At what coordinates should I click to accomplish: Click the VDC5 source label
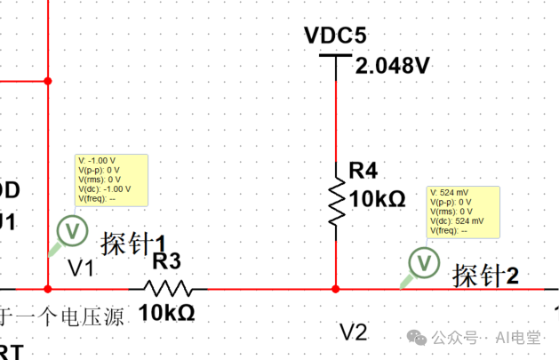[335, 36]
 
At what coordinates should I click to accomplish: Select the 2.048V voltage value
[392, 66]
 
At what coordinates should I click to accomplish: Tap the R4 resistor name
[364, 170]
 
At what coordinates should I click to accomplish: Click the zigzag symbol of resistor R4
[336, 201]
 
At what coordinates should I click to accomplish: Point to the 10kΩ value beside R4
[377, 198]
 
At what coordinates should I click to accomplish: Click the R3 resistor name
[167, 261]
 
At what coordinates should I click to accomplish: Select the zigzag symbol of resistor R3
[169, 288]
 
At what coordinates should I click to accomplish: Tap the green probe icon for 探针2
[423, 262]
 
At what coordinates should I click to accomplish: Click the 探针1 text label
[134, 243]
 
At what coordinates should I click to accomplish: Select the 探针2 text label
[485, 276]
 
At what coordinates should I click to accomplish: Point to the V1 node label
[81, 268]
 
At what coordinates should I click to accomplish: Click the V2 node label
[353, 332]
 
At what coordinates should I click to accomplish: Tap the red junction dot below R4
[336, 289]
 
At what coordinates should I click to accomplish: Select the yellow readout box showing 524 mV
[464, 212]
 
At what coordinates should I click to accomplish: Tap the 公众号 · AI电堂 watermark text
[485, 338]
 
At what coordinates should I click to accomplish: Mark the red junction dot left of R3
[48, 289]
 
